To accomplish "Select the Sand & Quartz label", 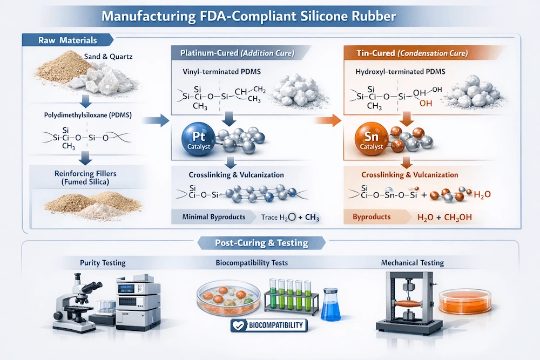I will coord(107,56).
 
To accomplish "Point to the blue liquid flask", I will coord(330,305).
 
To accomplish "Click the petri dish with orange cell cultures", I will coord(225,299).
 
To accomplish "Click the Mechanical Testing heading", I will coord(412,263).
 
